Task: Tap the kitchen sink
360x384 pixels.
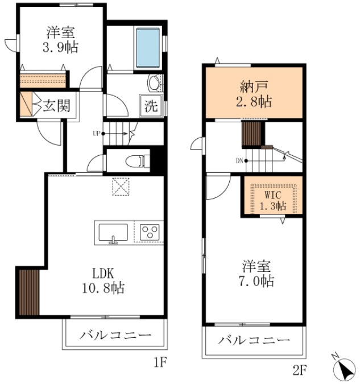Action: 113,233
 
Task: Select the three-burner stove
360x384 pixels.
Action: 149,233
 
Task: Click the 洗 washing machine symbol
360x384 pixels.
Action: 151,106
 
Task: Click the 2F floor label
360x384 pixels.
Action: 299,370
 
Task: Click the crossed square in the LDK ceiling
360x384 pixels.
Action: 120,187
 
